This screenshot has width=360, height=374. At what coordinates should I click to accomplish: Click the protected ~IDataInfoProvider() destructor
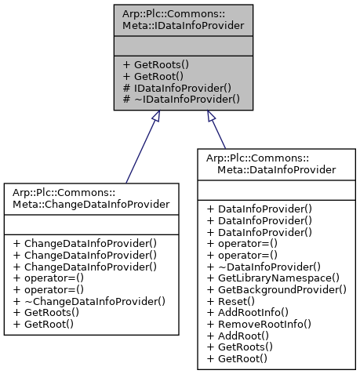[x=180, y=100]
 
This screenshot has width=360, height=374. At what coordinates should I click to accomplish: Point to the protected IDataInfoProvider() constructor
[x=177, y=89]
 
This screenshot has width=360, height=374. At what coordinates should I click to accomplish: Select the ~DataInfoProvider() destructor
[x=264, y=266]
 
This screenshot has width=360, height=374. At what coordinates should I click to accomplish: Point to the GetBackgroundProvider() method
[x=277, y=289]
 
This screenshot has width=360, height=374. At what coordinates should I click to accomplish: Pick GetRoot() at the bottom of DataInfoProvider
[x=236, y=359]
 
